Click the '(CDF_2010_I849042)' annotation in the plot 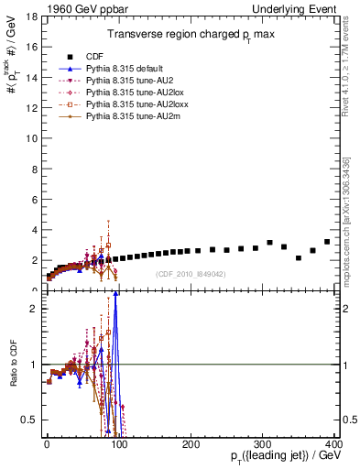click(191, 274)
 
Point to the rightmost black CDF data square click(327, 242)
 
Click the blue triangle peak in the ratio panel click(115, 294)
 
